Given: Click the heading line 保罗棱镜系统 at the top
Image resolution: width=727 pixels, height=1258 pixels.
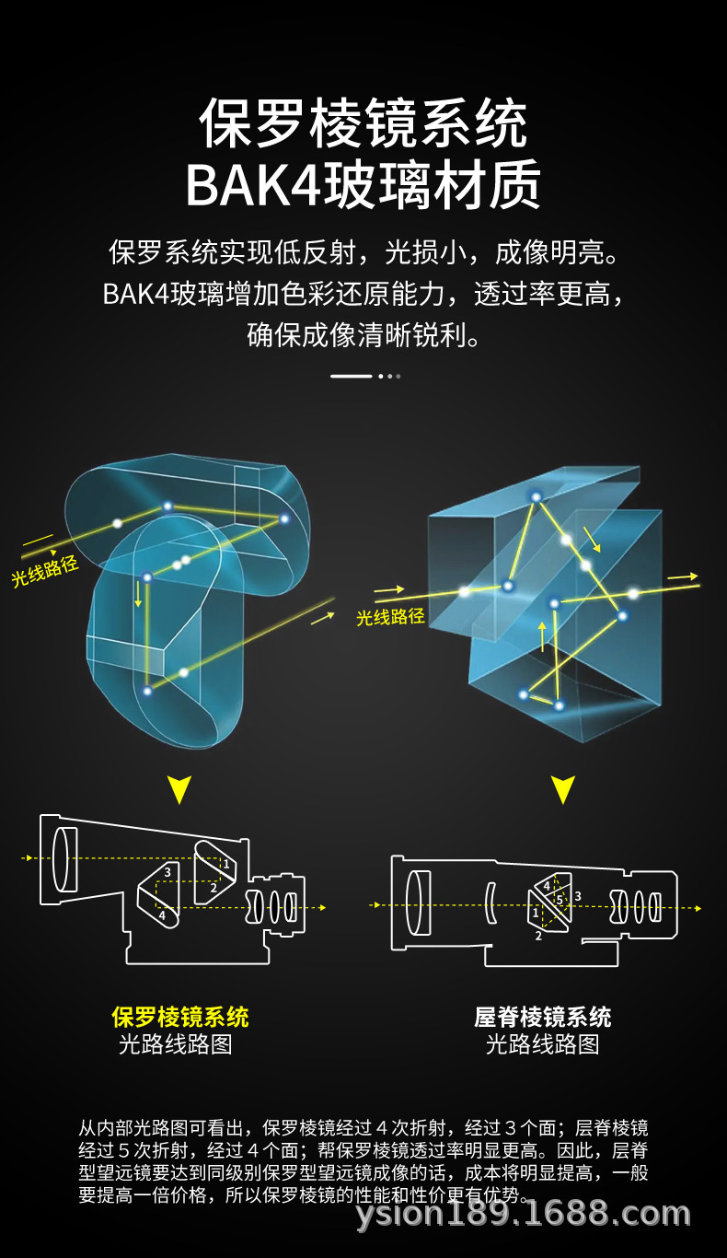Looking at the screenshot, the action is pos(363,123).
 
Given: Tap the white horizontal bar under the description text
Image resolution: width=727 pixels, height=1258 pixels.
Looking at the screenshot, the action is pos(351,376).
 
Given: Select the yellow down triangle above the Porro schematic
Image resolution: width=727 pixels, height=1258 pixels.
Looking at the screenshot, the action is pos(179,789).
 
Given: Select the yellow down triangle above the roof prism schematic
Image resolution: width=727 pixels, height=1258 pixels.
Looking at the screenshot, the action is pos(563,789).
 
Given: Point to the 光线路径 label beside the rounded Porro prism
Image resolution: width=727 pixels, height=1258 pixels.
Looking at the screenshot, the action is pos(45,571).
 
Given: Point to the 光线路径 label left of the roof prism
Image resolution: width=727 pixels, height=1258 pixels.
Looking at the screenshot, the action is pos(391,617).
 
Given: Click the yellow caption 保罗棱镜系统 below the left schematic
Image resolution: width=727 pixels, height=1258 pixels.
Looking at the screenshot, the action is pos(180,1017).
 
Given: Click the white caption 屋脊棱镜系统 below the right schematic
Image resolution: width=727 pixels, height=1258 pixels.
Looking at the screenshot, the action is pos(542,1017).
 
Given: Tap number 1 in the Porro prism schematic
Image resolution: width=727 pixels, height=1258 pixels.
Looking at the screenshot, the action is pos(226,865).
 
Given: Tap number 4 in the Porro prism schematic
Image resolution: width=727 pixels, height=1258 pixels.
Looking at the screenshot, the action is pos(162,914).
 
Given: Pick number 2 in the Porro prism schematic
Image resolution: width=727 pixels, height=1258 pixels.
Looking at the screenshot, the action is pos(213,888).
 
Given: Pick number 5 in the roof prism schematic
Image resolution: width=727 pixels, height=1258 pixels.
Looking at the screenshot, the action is pos(560,899).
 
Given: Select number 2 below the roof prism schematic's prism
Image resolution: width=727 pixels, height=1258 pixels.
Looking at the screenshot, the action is pos(538,936).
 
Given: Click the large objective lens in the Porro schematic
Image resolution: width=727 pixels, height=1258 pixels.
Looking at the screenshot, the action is pos(64,859).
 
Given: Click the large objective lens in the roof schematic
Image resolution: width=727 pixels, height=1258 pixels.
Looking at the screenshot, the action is pos(418,903).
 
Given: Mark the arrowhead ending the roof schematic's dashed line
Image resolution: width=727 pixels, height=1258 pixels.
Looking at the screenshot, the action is pos(698,908).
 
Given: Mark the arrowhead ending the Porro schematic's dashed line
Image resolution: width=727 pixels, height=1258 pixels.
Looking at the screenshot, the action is pos(322,907).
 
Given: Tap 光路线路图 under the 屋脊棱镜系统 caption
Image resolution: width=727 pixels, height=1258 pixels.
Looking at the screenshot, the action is pos(542,1044).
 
